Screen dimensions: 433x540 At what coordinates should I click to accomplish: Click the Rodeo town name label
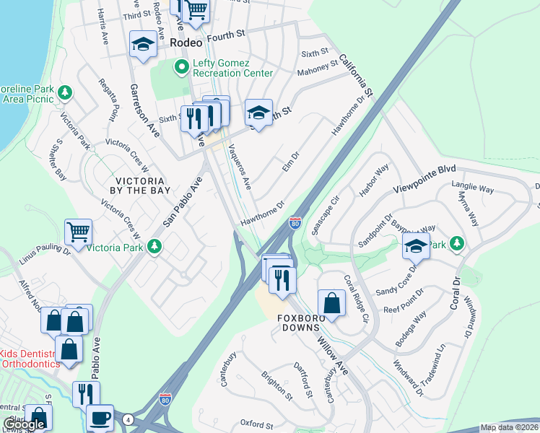pyautogui.click(x=187, y=43)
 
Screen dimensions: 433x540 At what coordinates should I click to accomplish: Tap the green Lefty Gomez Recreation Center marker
pyautogui.click(x=182, y=67)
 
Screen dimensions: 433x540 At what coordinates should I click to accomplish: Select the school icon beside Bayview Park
pyautogui.click(x=416, y=247)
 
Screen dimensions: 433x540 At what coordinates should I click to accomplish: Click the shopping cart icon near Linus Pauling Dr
pyautogui.click(x=78, y=232)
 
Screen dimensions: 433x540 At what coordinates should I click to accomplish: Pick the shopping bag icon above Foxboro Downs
pyautogui.click(x=331, y=304)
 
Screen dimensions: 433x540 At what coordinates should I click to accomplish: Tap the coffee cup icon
pyautogui.click(x=100, y=418)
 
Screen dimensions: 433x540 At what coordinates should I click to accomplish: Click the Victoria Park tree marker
pyautogui.click(x=154, y=248)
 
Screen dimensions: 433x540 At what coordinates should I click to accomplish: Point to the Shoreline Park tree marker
pyautogui.click(x=65, y=92)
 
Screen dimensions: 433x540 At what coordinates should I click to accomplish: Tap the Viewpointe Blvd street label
pyautogui.click(x=425, y=178)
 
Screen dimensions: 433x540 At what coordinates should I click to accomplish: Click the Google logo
pyautogui.click(x=24, y=424)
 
